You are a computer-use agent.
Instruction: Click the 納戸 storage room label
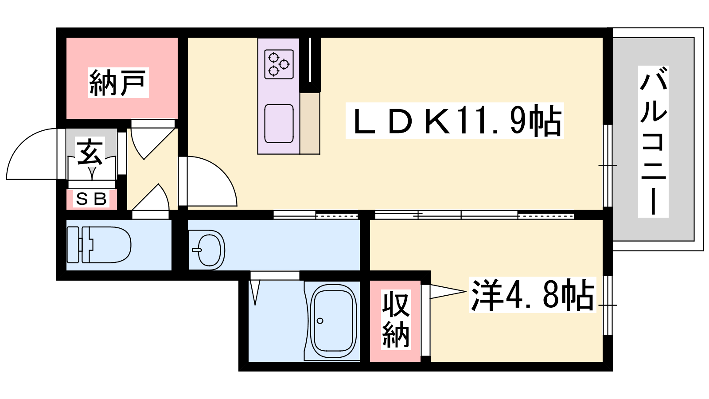(118, 83)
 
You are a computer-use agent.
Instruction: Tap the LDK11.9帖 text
(455, 121)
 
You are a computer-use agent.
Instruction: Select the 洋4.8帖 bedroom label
(532, 295)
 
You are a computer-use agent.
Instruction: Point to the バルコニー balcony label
(653, 141)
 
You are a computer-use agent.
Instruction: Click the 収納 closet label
(395, 319)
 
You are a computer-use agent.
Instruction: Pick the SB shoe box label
(92, 199)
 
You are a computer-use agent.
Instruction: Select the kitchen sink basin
(279, 123)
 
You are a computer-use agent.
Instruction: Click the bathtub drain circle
(320, 321)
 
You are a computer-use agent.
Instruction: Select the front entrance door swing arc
(31, 155)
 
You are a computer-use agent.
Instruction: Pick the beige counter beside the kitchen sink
(310, 123)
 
